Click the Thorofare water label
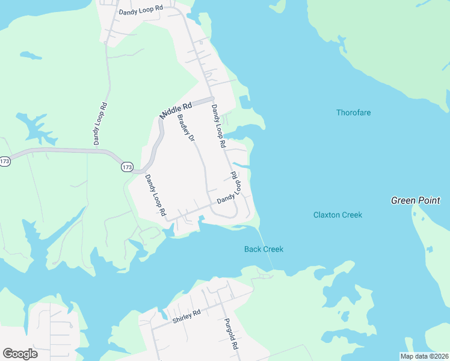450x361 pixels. pyautogui.click(x=353, y=113)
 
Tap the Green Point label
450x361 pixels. pyautogui.click(x=415, y=200)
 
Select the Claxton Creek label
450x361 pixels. pyautogui.click(x=337, y=215)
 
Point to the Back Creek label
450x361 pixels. pyautogui.click(x=264, y=249)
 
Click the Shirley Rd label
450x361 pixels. pyautogui.click(x=185, y=315)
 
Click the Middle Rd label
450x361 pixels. pyautogui.click(x=175, y=109)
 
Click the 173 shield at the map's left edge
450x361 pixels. pyautogui.click(x=5, y=161)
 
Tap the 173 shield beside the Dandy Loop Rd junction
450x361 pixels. pyautogui.click(x=126, y=167)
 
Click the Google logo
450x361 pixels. pyautogui.click(x=20, y=354)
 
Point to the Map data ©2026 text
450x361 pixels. pyautogui.click(x=425, y=356)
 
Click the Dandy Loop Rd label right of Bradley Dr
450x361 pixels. pyautogui.click(x=218, y=126)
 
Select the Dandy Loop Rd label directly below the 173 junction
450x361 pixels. pyautogui.click(x=155, y=195)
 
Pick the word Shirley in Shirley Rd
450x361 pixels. pyautogui.click(x=182, y=316)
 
